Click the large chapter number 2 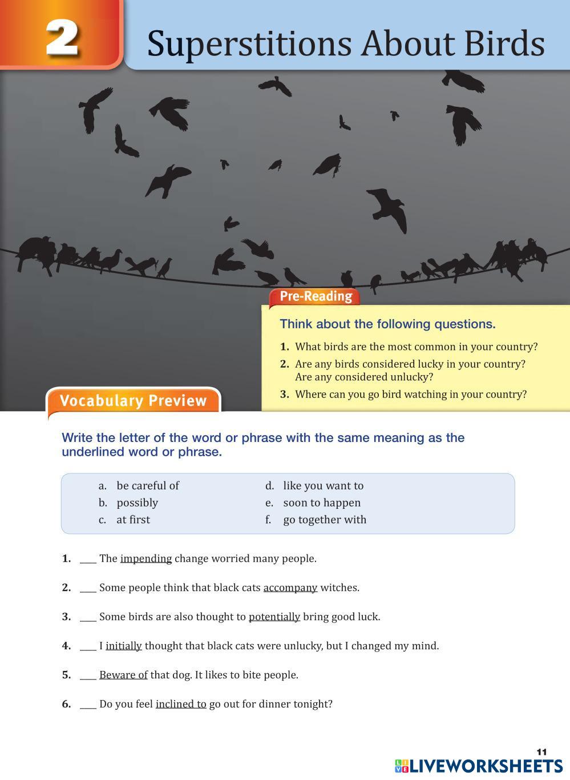tap(62, 37)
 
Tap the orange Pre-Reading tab tap(315, 296)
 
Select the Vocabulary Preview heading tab tap(133, 401)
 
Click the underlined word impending tap(145, 558)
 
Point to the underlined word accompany tap(290, 588)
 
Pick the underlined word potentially tap(274, 617)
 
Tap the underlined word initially tap(123, 646)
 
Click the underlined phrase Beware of tap(123, 675)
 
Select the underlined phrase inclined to tap(180, 704)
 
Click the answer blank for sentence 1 tap(87, 560)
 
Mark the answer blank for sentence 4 tap(87, 647)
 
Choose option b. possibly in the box tap(137, 502)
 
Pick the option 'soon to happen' tap(321, 502)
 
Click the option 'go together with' tap(324, 520)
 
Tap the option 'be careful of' tap(147, 486)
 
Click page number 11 tap(541, 752)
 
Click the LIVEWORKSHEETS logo tap(478, 766)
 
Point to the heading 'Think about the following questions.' tap(387, 324)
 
